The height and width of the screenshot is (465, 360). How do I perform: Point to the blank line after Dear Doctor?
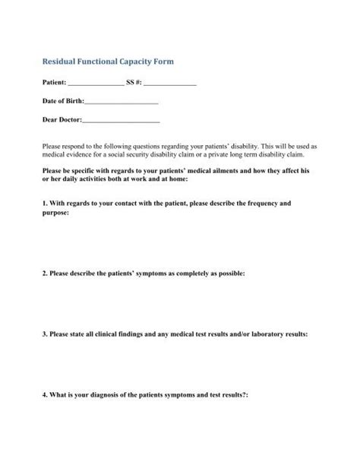120,119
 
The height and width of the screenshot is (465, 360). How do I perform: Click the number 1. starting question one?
45,204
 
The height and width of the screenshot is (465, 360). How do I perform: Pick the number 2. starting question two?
45,270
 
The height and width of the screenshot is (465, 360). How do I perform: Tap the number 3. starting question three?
45,333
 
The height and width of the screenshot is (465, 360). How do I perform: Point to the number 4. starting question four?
45,395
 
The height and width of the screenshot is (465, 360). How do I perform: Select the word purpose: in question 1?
55,214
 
